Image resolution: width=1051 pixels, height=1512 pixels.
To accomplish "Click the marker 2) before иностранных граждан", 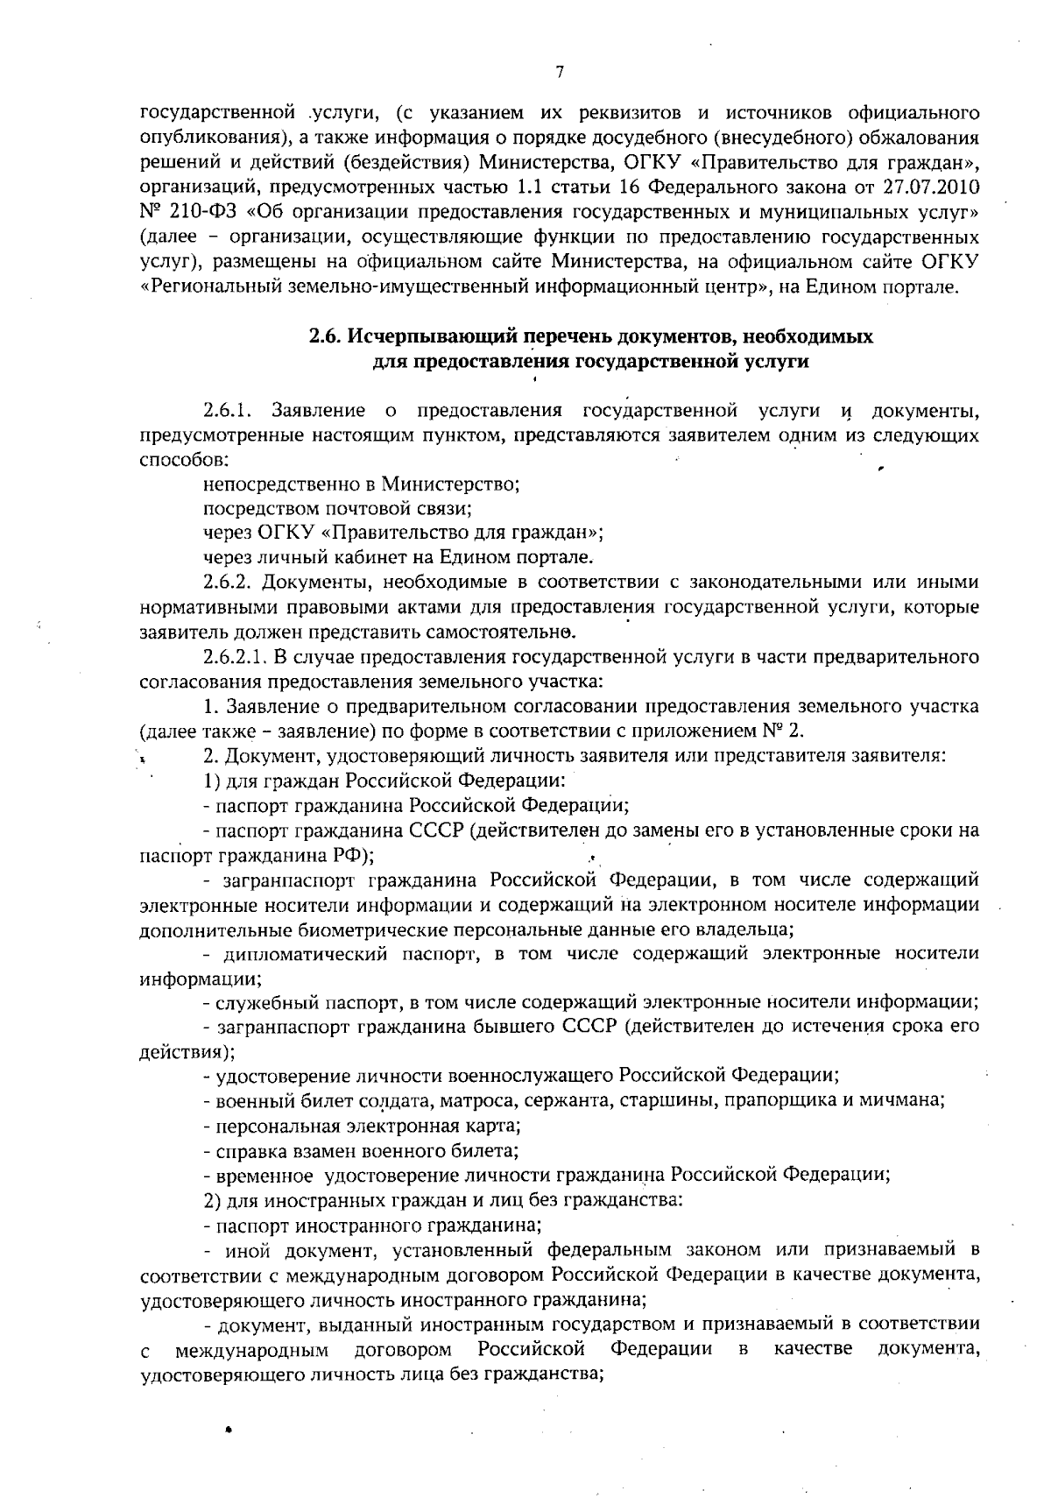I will [x=211, y=1198].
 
